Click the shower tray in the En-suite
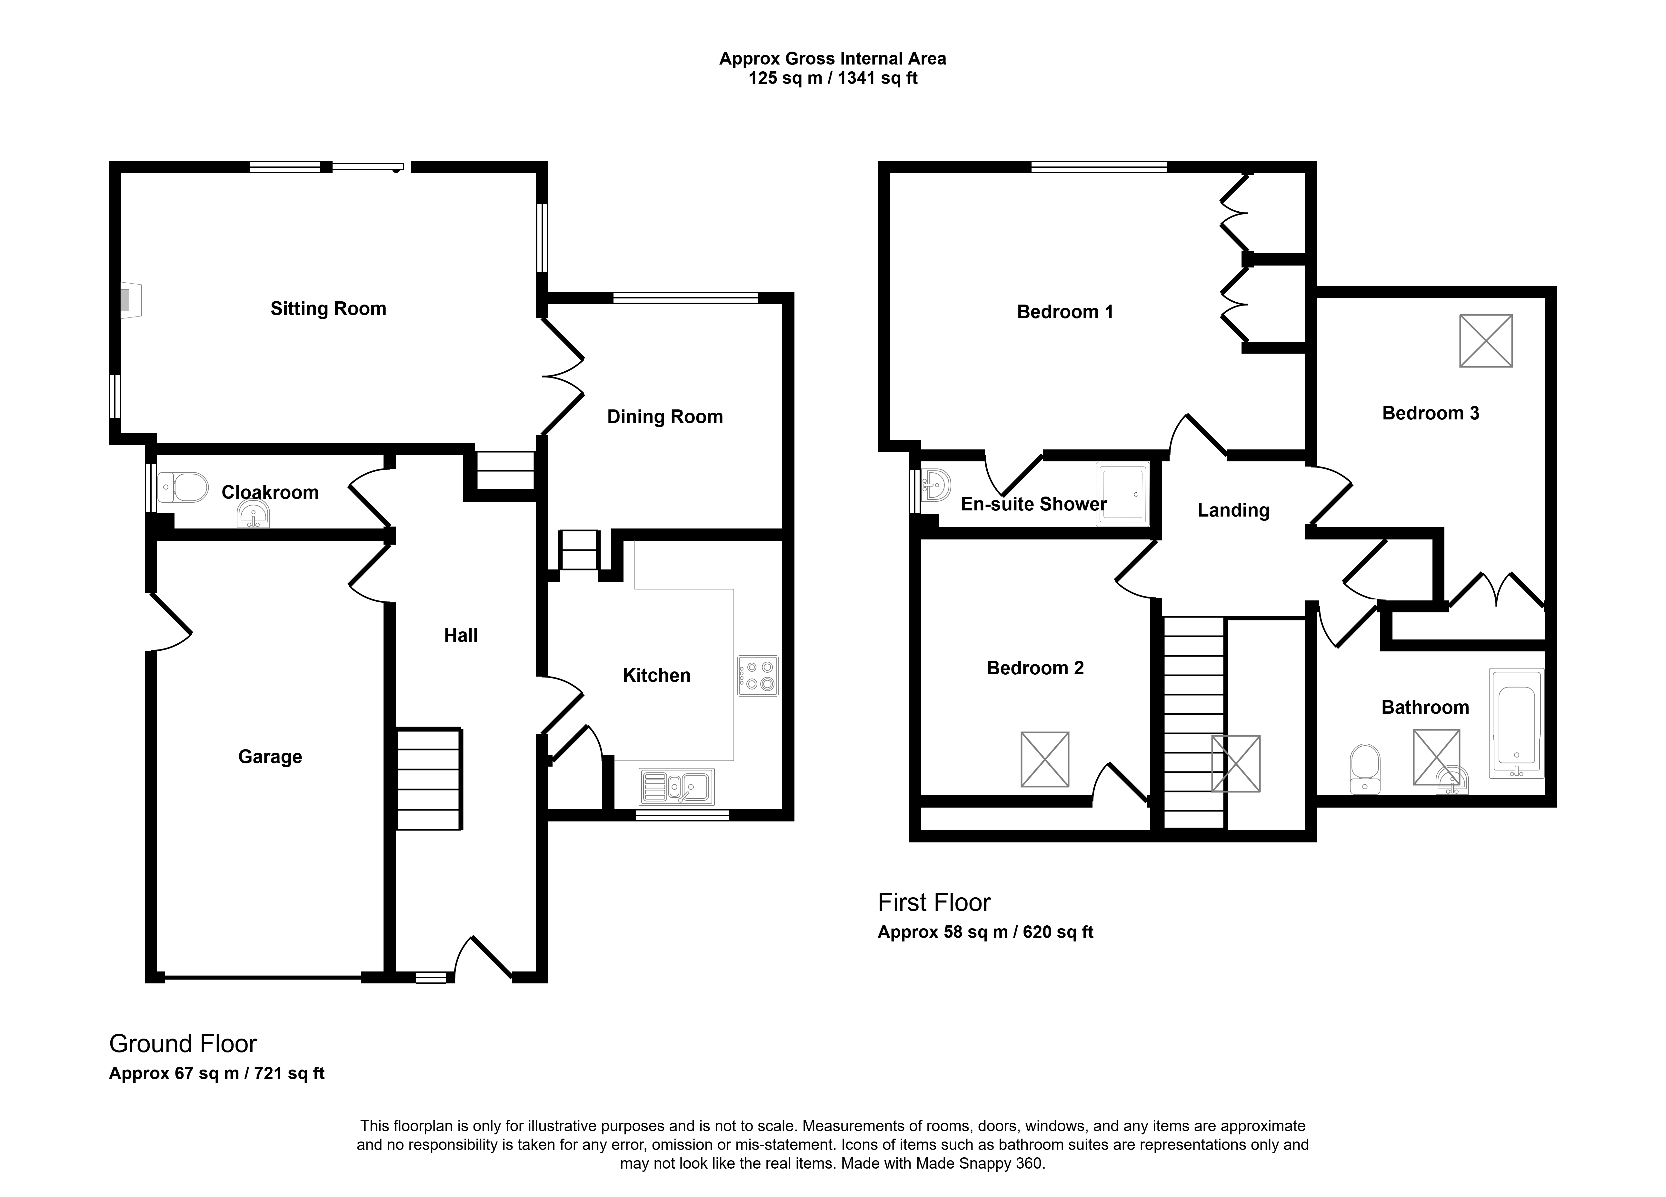pyautogui.click(x=1122, y=494)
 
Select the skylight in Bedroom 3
pyautogui.click(x=1486, y=340)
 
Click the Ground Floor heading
pyautogui.click(x=183, y=1043)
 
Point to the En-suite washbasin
pyautogui.click(x=937, y=485)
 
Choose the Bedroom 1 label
pyautogui.click(x=1065, y=312)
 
